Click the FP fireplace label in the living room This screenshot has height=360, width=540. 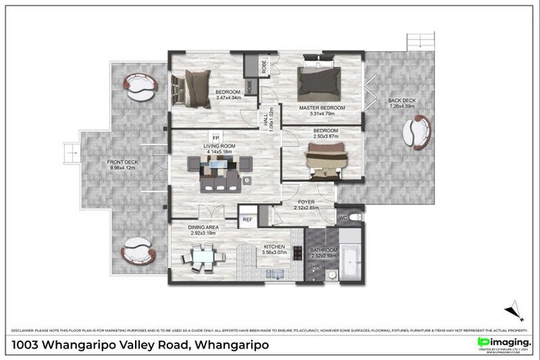(x=217, y=138)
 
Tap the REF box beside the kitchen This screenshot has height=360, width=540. (x=247, y=220)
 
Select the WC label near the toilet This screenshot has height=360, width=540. (x=342, y=217)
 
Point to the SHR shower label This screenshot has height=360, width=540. (x=315, y=267)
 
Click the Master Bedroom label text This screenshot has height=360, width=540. (x=322, y=108)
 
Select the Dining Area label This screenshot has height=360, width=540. (x=202, y=228)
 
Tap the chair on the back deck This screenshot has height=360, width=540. (x=417, y=132)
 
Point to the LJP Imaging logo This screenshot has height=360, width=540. (x=503, y=342)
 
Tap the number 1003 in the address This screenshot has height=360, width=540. (x=26, y=345)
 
